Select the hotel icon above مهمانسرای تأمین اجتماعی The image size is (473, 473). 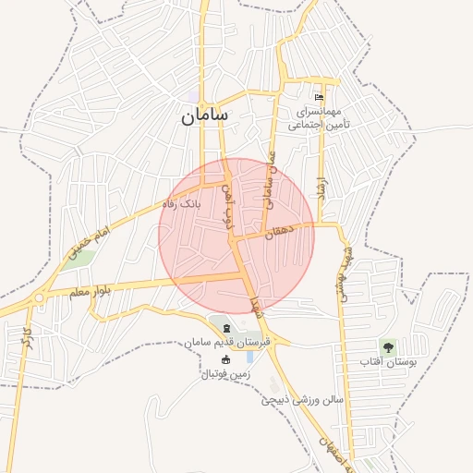(320, 98)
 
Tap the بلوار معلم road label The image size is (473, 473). (91, 291)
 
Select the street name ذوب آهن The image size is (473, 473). (230, 206)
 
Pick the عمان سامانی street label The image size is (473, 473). (270, 181)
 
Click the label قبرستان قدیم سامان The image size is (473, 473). (227, 343)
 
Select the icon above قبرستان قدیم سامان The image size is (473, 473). (227, 329)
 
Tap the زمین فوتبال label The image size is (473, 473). (226, 374)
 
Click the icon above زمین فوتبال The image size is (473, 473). (226, 359)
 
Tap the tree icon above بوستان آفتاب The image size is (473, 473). (387, 347)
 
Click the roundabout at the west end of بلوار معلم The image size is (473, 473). (39, 297)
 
